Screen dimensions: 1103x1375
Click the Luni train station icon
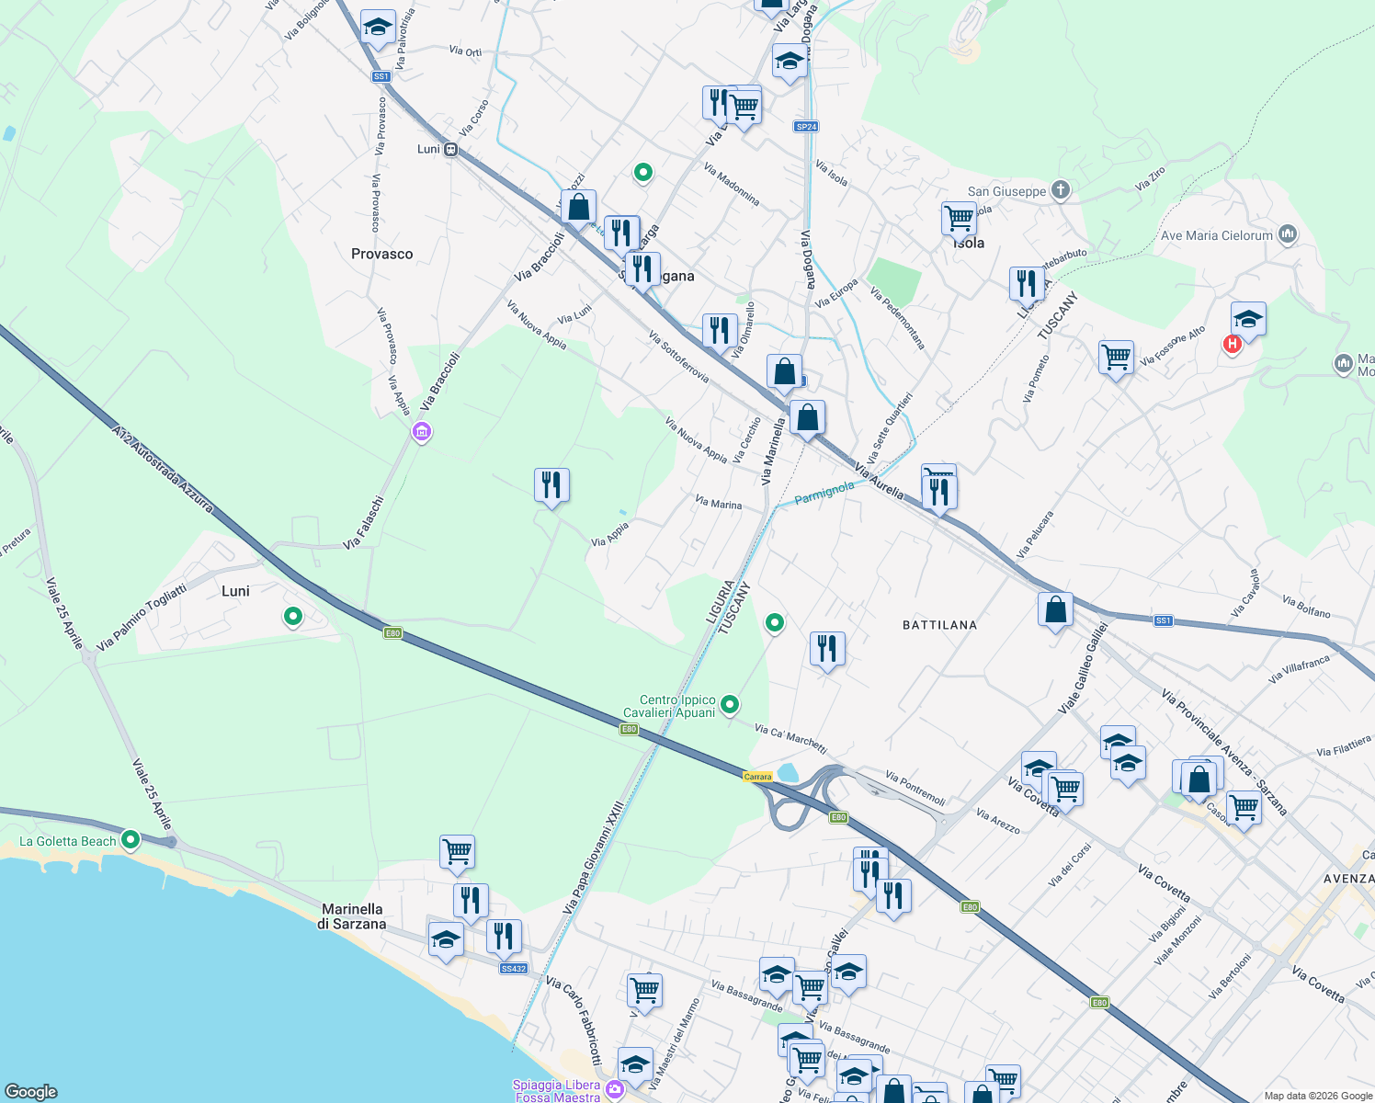click(450, 149)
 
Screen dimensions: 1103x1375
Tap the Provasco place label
click(381, 254)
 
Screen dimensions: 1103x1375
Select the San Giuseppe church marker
click(1061, 190)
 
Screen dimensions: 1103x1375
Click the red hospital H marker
click(1232, 344)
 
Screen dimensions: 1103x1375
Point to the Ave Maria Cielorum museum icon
click(1288, 234)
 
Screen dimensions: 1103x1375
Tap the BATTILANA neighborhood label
click(939, 625)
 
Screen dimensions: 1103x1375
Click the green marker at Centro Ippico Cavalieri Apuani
click(730, 705)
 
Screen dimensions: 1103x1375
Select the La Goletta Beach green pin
click(131, 839)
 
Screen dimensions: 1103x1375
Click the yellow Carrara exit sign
click(757, 777)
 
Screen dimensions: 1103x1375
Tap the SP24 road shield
click(806, 126)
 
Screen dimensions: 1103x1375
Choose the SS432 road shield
click(513, 969)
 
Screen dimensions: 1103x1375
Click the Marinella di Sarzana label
click(351, 916)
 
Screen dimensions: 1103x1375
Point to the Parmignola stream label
click(824, 493)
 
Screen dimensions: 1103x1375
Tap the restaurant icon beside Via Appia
click(551, 483)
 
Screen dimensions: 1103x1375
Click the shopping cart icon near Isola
click(959, 219)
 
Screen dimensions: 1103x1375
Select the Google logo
click(31, 1091)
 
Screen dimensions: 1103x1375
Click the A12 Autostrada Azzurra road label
click(163, 468)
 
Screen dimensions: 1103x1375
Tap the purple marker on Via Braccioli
click(422, 431)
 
